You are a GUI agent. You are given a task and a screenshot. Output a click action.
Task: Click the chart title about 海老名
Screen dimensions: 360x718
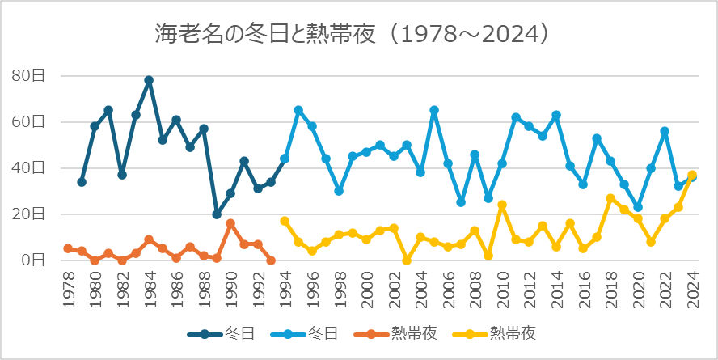pyautogui.click(x=354, y=33)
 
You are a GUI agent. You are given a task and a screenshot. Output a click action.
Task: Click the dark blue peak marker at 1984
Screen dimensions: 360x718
pyautogui.click(x=149, y=80)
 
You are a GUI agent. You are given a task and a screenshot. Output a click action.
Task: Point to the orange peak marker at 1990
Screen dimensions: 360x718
pyautogui.click(x=230, y=223)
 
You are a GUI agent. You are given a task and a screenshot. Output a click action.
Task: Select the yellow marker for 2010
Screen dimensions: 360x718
pyautogui.click(x=502, y=205)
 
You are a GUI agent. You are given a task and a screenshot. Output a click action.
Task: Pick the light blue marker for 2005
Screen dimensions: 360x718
pyautogui.click(x=434, y=110)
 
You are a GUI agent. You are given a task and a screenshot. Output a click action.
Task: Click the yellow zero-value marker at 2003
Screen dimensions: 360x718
pyautogui.click(x=407, y=260)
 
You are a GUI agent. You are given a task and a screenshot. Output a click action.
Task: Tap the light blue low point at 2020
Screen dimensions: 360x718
pyautogui.click(x=638, y=207)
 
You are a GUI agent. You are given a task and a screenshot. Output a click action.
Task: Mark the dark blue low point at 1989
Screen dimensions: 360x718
pyautogui.click(x=217, y=214)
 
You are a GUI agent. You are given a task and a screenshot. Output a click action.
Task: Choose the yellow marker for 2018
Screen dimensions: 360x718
pyautogui.click(x=610, y=198)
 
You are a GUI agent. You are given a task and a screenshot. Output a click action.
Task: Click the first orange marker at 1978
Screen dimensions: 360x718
pyautogui.click(x=68, y=248)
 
